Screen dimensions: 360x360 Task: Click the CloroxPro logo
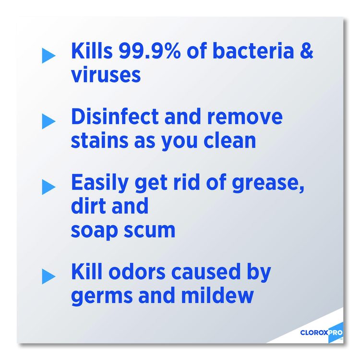coord(322,332)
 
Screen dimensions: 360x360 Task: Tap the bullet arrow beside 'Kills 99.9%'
coord(48,56)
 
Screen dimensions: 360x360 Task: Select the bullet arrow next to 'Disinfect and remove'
coord(48,121)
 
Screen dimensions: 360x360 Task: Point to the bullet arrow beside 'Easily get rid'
coord(48,187)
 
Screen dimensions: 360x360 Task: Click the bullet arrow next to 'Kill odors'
coord(48,276)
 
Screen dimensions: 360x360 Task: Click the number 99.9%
coord(149,50)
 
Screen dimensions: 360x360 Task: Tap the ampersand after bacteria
coord(307,50)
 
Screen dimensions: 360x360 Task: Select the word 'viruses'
coord(106,74)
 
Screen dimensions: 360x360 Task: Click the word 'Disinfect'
coord(115,116)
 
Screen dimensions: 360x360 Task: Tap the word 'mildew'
coord(217,295)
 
